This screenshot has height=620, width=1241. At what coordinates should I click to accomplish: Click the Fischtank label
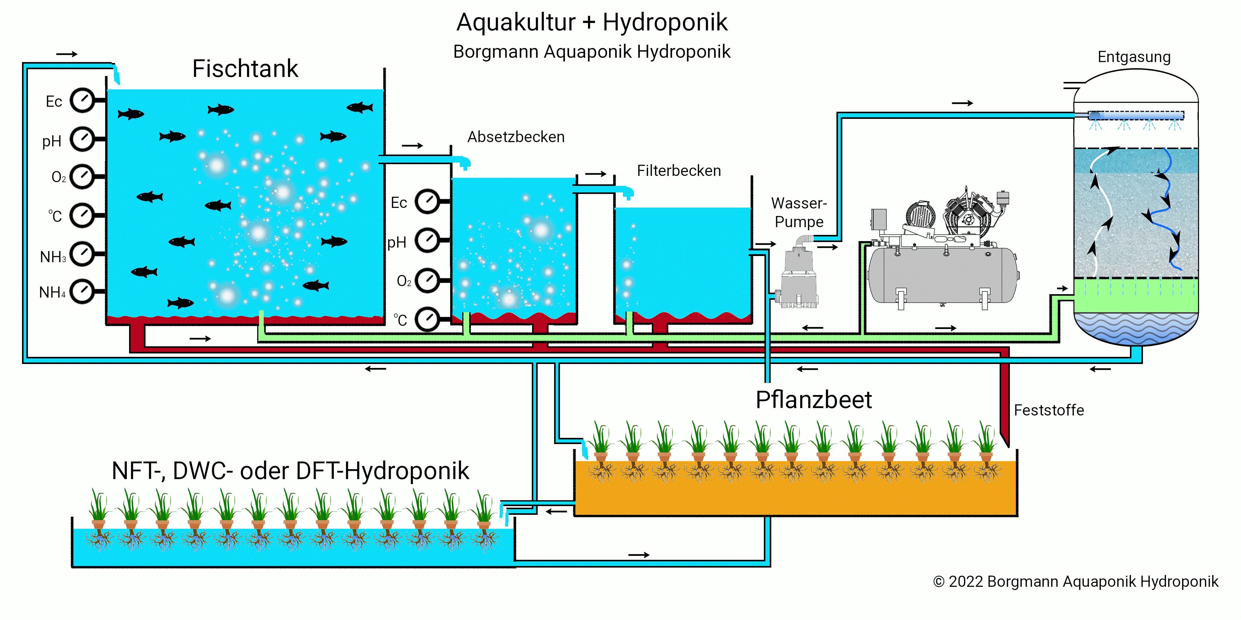pos(245,68)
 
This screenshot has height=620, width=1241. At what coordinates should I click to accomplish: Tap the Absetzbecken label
pos(515,137)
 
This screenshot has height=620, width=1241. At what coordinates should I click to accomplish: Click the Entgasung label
pos(1134,57)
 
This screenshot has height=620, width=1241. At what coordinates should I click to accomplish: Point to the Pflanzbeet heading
pos(813,400)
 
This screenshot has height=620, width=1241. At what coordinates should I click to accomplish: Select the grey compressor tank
pos(942,275)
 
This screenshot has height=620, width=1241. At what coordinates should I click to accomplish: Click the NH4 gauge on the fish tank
pos(83,291)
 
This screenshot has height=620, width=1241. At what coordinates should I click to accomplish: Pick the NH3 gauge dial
pos(83,254)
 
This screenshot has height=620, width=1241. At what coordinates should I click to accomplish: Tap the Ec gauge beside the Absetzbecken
pos(427,202)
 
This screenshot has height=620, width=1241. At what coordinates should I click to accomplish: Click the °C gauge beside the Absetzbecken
pos(427,319)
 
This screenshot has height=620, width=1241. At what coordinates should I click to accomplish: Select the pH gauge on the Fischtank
pos(83,139)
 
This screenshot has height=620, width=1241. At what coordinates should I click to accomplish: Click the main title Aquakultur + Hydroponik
pos(592,22)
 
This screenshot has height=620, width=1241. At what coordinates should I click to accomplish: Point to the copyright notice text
pos(1075,582)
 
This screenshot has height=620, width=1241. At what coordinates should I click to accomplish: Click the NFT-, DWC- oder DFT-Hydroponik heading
pos(290,471)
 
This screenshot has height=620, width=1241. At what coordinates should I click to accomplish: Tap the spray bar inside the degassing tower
pos(1136,116)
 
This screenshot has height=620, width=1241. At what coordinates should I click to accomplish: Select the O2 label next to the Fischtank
pos(58,177)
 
